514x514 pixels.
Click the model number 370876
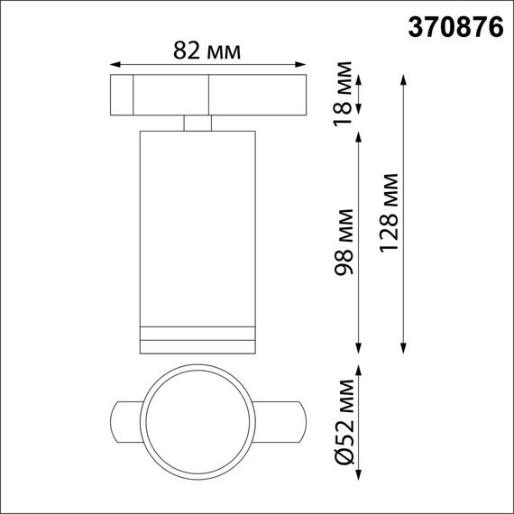(x=456, y=27)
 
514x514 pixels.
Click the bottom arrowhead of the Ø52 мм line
(x=360, y=480)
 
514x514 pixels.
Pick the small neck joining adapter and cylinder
(x=197, y=124)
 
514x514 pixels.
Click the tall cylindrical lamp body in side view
(x=197, y=225)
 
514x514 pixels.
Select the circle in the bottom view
(x=197, y=419)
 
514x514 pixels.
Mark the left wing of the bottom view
(x=124, y=419)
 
